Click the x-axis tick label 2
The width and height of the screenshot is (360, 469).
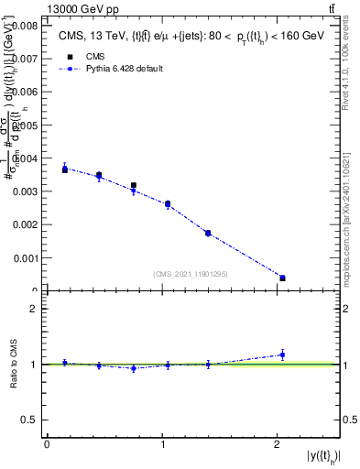click(x=277, y=444)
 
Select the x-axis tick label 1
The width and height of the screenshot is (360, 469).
click(x=162, y=444)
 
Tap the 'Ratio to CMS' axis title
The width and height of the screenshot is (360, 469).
click(x=14, y=365)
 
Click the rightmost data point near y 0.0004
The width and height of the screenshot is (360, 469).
click(x=282, y=278)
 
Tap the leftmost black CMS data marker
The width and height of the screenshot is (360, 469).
click(x=65, y=169)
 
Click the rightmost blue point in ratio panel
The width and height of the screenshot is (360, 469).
click(x=282, y=354)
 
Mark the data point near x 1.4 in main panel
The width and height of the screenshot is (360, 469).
click(x=208, y=234)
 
